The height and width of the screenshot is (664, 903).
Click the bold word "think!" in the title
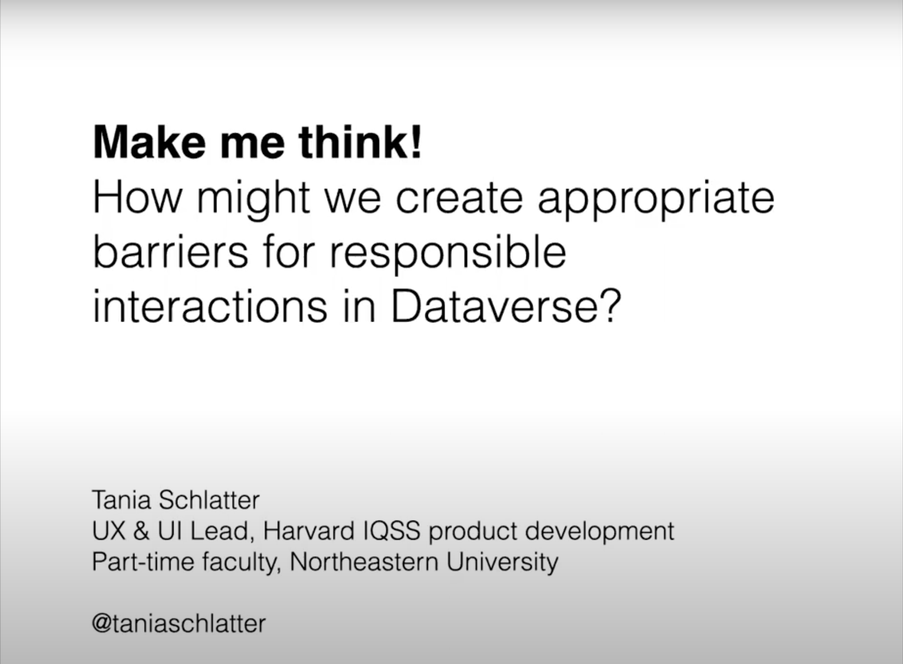click(x=360, y=142)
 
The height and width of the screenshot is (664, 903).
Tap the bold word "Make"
click(x=149, y=142)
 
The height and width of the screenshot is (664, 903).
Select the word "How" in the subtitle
click(x=137, y=198)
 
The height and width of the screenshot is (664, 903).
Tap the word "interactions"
click(x=210, y=307)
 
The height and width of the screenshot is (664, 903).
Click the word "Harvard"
click(x=308, y=531)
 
